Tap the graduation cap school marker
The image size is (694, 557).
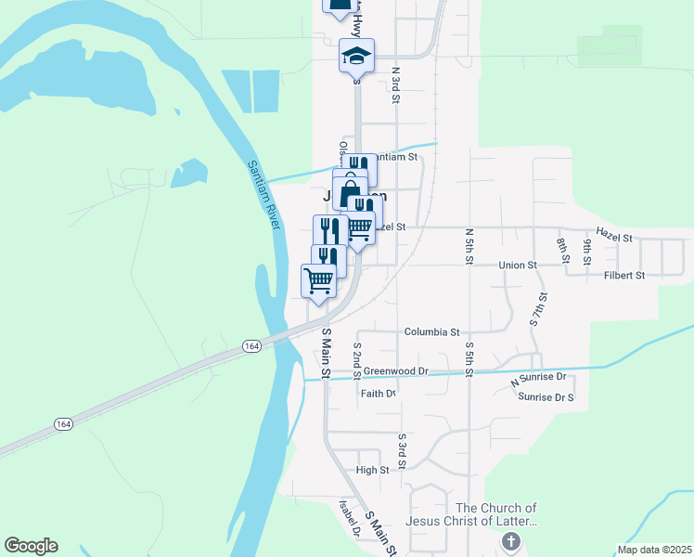(x=356, y=57)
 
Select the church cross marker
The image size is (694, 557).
(x=509, y=541)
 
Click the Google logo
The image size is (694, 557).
(x=31, y=546)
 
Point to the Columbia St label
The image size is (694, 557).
(x=432, y=331)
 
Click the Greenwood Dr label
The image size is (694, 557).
(x=395, y=371)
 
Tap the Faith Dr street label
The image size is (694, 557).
(x=379, y=394)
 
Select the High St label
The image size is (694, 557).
(x=372, y=471)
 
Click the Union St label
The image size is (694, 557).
(x=518, y=266)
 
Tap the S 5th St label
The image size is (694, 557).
(x=469, y=359)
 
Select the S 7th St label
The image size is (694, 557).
(x=538, y=309)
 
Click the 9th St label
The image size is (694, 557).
(x=588, y=253)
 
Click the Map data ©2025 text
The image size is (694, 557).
(x=654, y=550)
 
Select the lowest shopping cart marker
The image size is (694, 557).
(x=318, y=280)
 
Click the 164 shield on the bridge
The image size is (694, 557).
(x=251, y=345)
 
